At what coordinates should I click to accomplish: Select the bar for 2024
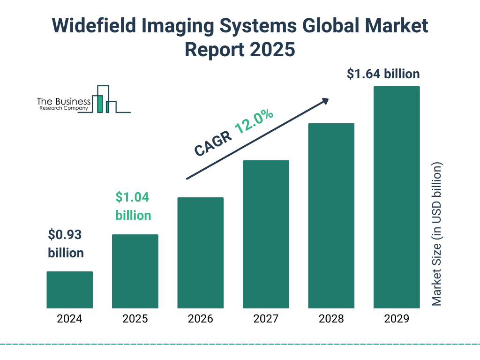69,290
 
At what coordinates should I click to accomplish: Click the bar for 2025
135,271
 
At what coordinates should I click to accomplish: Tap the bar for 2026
200,253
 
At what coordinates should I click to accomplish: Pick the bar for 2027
266,234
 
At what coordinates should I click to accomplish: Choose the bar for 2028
331,216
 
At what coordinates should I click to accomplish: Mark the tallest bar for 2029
397,197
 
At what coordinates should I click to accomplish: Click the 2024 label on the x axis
69,319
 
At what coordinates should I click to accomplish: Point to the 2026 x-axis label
200,319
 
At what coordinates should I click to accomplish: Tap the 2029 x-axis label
397,319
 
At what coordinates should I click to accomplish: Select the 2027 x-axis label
266,319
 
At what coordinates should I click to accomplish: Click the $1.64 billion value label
383,74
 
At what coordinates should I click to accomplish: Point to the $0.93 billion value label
66,244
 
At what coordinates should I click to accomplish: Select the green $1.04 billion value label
133,206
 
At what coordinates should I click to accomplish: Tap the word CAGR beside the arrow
213,143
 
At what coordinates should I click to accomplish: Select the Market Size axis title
437,234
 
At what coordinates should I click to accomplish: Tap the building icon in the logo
104,99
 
